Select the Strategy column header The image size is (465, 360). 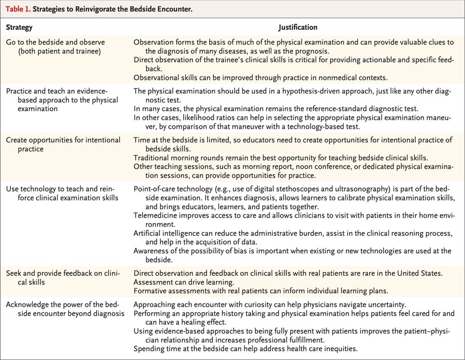pyautogui.click(x=19, y=27)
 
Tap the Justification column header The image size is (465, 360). pyautogui.click(x=298, y=27)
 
